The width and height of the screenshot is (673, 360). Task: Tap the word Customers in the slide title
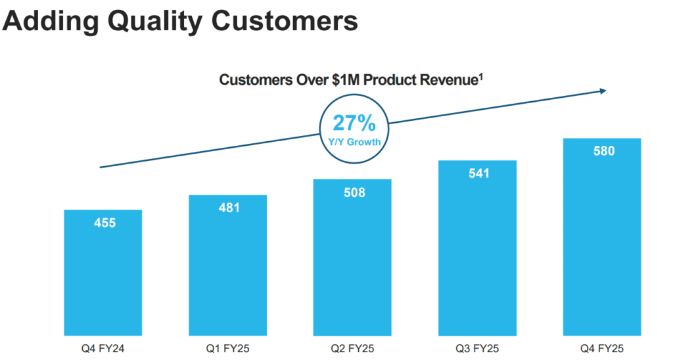(283, 22)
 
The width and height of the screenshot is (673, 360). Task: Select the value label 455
(104, 223)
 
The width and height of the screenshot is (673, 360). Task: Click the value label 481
(229, 208)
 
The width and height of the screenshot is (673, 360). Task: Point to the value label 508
(354, 193)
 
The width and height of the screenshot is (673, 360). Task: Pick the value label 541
(478, 174)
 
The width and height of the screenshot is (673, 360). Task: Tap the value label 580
(603, 152)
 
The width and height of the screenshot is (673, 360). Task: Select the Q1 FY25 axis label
(229, 349)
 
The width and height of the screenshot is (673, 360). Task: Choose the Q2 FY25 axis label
(354, 349)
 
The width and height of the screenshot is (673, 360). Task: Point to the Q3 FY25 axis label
(478, 349)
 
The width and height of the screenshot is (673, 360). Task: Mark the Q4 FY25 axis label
(603, 349)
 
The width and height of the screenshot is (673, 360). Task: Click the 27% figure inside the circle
(354, 123)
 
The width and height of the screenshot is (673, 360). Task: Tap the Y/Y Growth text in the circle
(354, 141)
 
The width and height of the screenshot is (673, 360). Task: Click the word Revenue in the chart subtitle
(446, 81)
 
